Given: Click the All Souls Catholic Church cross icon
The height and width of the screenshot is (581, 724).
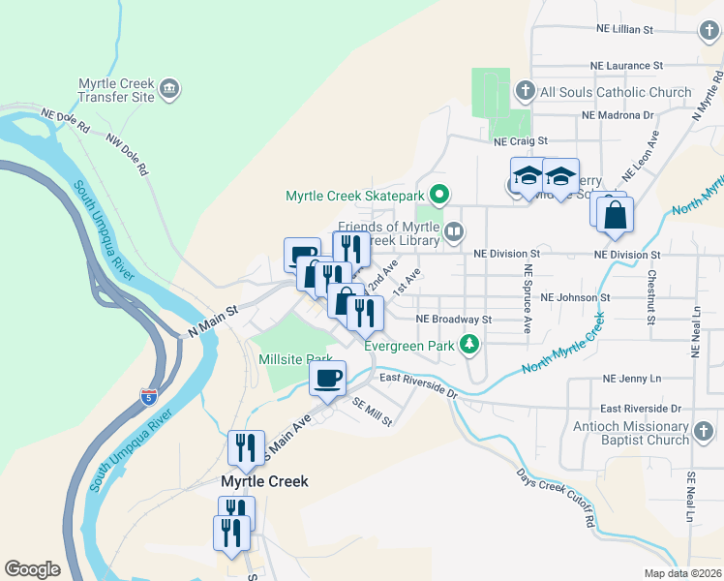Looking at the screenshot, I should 525,92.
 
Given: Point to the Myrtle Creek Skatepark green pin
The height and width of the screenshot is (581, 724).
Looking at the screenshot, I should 438,196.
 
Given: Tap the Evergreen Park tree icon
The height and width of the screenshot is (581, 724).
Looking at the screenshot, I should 469,344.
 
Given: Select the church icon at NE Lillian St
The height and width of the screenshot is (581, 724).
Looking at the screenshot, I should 710,30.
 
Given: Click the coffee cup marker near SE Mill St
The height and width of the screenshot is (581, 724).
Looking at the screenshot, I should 327,378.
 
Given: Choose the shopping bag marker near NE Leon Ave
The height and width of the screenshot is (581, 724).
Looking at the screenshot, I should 615,215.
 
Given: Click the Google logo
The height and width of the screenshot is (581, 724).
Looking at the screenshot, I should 32,569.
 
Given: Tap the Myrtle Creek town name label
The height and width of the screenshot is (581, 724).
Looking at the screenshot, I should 264,481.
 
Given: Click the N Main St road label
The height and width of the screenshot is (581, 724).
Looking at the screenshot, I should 213,322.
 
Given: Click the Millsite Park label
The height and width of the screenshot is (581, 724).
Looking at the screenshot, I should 295,358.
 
